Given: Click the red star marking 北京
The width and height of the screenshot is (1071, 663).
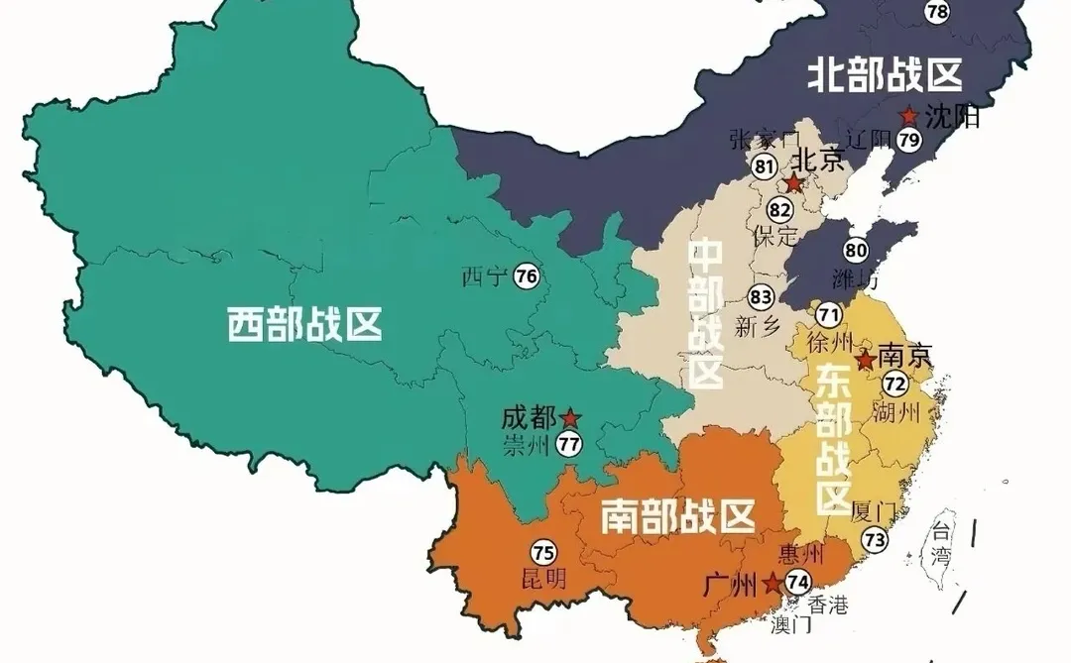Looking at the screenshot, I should (793, 184).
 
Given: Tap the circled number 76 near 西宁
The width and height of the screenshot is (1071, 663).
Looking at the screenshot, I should (526, 277).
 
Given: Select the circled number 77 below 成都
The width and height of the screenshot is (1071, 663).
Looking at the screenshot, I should (568, 445).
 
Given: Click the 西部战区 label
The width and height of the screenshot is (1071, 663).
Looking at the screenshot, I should (304, 324).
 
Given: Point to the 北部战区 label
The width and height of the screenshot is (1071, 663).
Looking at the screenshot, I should (886, 75).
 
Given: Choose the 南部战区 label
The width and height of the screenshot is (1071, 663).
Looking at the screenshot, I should (678, 516).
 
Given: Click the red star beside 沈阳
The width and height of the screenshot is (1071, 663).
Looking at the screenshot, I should (908, 116).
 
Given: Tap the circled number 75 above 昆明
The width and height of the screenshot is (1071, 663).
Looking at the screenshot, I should (542, 553).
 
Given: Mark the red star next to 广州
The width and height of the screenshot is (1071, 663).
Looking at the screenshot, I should (772, 583).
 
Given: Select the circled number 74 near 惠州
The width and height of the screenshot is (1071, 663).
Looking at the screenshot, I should (797, 583).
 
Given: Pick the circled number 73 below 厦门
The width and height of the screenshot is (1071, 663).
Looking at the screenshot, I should (874, 540).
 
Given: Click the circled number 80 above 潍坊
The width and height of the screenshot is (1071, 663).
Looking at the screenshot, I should (856, 251).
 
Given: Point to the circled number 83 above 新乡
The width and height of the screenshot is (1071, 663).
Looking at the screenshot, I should (761, 296).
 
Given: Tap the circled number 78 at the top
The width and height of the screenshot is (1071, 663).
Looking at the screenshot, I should (936, 11).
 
